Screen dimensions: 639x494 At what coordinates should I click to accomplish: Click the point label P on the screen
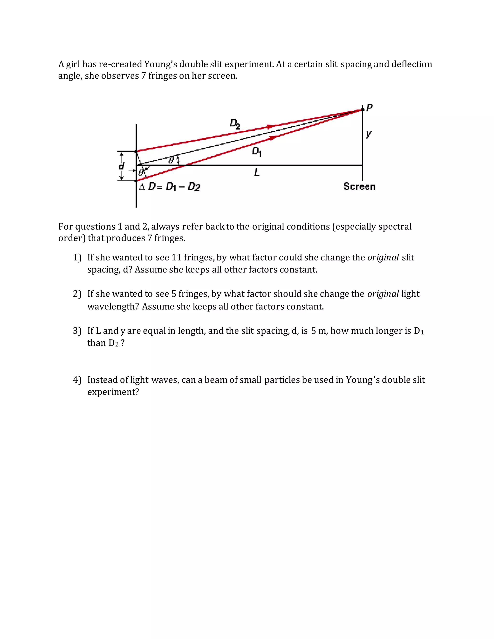tap(369, 108)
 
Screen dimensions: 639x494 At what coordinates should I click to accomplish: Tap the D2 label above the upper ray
tap(235, 124)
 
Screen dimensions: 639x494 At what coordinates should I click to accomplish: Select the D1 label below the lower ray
tap(256, 152)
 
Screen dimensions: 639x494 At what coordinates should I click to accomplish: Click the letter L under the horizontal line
tap(257, 172)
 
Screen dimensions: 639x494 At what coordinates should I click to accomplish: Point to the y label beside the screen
tap(369, 134)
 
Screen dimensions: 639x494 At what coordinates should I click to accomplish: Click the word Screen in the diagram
tap(359, 186)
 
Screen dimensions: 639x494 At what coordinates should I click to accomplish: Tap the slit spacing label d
tap(121, 166)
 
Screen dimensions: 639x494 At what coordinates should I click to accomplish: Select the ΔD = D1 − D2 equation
tap(170, 187)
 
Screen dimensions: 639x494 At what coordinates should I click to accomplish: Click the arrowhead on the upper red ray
tap(271, 127)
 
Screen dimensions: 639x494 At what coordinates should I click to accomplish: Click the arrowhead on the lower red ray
tap(273, 138)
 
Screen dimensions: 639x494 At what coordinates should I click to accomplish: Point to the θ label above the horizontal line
tap(172, 160)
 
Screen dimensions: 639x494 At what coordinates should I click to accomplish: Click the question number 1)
tap(77, 258)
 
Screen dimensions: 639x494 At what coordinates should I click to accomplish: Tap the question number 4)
tap(77, 380)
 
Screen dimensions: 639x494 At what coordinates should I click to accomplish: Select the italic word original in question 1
tap(383, 258)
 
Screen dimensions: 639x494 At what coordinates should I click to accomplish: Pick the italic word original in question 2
tap(383, 294)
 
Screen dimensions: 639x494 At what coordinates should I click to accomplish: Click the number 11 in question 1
tap(177, 258)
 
